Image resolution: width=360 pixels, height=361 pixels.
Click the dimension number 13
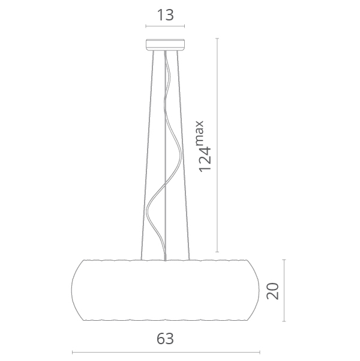coord(165,15)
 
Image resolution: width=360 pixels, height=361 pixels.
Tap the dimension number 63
coord(165,339)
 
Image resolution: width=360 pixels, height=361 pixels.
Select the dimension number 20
coord(272,291)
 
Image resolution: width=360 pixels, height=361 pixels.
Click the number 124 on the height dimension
coord(205,159)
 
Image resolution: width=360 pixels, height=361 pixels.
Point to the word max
coord(200,133)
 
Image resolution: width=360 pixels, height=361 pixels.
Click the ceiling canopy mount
coord(165,44)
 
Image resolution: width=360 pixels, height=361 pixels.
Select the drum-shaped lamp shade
coord(165,290)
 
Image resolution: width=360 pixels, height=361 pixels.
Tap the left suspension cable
coord(148,156)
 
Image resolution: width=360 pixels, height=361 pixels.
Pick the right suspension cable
coord(183,156)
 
